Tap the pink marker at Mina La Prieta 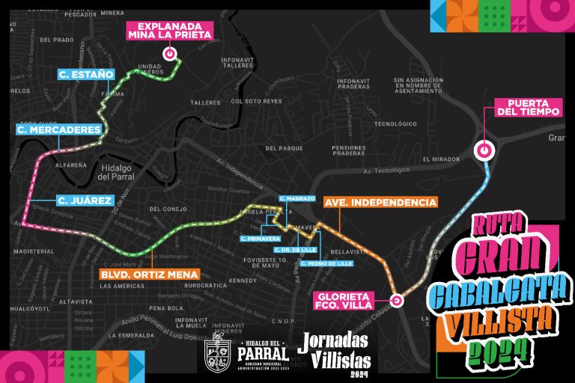click(x=170, y=54)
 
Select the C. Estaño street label click(x=88, y=74)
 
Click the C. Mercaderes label click(x=58, y=130)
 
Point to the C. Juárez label click(x=85, y=200)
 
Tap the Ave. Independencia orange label click(x=380, y=203)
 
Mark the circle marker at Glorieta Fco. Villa click(x=397, y=301)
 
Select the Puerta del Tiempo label click(x=529, y=107)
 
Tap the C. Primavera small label click(x=261, y=239)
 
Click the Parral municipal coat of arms click(x=217, y=355)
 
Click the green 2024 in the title click(x=498, y=348)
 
